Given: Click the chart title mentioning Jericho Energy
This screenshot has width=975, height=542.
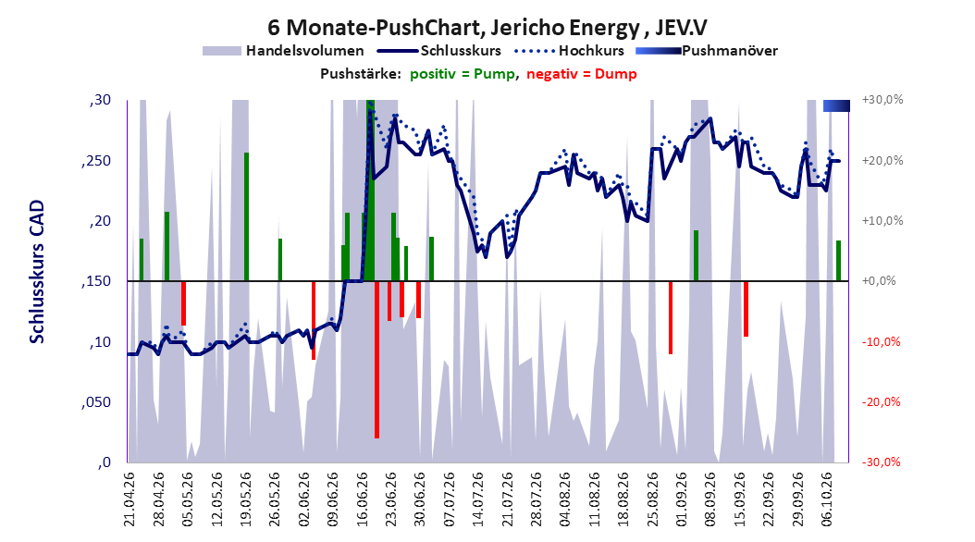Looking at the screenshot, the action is (487, 28).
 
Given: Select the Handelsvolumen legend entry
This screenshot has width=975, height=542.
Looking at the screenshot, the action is (284, 51).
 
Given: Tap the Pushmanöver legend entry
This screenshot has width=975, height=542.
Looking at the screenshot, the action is (707, 51).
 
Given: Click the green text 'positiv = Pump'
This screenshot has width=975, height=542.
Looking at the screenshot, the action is (462, 74).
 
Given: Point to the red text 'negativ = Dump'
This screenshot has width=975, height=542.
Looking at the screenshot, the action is (582, 74).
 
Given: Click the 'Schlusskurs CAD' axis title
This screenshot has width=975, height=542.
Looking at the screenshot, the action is (37, 272).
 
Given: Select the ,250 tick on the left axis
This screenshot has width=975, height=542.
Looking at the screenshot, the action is (96, 161).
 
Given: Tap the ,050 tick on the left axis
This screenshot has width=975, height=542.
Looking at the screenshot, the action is (96, 402).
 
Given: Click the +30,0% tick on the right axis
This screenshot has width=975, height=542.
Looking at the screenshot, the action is (882, 100).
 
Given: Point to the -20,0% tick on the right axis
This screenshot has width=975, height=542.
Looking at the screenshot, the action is (881, 402).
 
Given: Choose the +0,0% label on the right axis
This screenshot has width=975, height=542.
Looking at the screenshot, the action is (879, 281).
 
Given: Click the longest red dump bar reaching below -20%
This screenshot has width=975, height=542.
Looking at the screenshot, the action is (376, 360).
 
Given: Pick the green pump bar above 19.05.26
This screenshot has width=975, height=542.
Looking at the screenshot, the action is (246, 217).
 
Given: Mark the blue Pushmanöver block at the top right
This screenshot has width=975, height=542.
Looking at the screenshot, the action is (836, 106).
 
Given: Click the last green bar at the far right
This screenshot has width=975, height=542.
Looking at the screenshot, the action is (838, 261).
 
